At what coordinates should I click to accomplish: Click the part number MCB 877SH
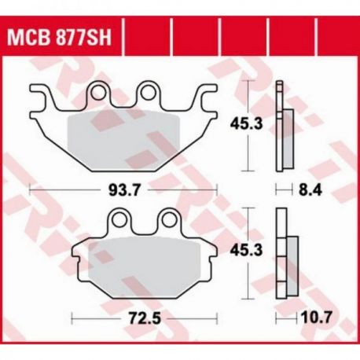pos(59,38)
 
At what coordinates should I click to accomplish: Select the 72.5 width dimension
pos(145,318)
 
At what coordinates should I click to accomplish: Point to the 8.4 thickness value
pos(310,189)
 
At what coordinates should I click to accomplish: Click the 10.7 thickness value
pos(316,318)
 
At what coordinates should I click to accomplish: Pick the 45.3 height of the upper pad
pos(246,123)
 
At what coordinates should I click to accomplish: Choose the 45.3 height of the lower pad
pos(246,251)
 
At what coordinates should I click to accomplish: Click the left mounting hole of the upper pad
pos(98,92)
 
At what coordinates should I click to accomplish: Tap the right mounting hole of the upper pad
pos(148,92)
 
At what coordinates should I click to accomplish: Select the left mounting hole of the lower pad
pos(119,219)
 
